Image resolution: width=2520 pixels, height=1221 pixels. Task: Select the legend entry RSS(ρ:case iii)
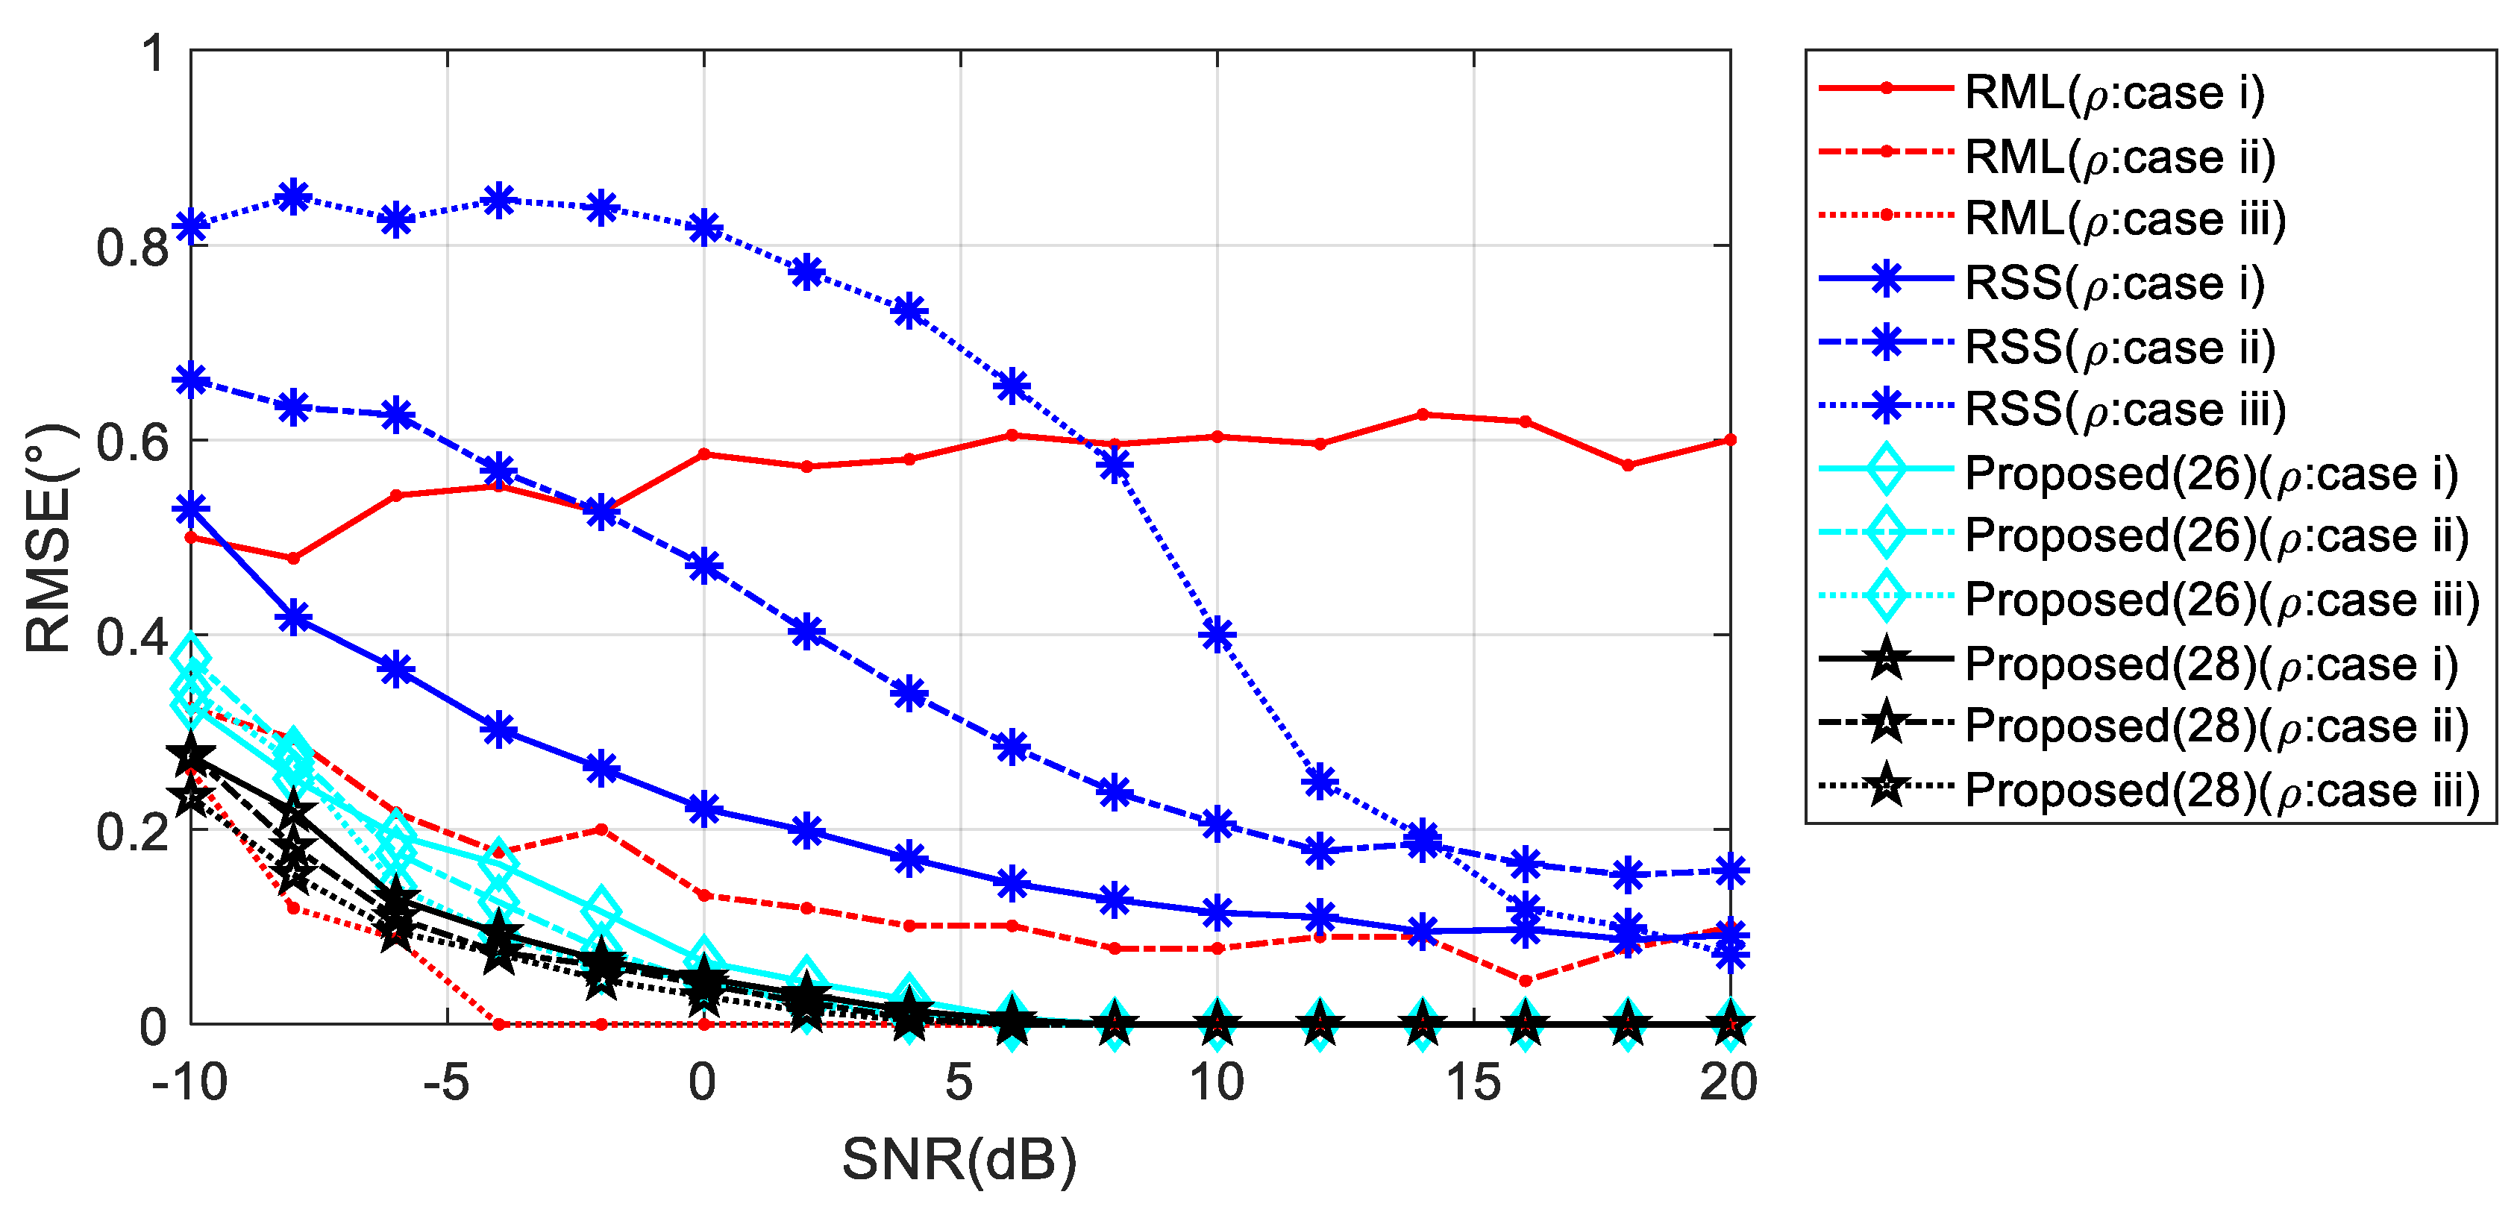[x=2123, y=409]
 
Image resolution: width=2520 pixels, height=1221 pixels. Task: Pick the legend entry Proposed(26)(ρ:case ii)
[x=2216, y=535]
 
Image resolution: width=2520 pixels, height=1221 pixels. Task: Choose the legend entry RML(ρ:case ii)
[x=2118, y=157]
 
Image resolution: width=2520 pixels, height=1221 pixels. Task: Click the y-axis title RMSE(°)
[x=49, y=537]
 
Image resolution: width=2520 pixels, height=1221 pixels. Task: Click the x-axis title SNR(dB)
[x=959, y=1159]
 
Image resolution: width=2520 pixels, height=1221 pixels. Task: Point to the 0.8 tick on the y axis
[x=133, y=248]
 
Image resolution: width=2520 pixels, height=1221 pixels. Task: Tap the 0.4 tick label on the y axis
[x=133, y=637]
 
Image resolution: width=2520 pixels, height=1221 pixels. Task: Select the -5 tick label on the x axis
[x=447, y=1083]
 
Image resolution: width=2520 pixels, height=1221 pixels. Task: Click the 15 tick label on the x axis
[x=1473, y=1083]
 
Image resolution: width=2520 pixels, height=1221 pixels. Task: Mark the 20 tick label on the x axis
[x=1728, y=1083]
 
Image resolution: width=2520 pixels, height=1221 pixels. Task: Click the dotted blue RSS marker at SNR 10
[x=1217, y=635]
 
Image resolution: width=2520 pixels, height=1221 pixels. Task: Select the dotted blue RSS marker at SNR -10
[x=192, y=226]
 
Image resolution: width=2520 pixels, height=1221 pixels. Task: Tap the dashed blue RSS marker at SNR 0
[x=704, y=565]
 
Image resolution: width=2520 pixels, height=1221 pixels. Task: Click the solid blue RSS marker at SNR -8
[x=293, y=618]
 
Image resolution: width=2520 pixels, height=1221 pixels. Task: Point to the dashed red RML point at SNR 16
[x=1525, y=980]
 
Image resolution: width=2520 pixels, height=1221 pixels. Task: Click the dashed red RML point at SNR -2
[x=601, y=829]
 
